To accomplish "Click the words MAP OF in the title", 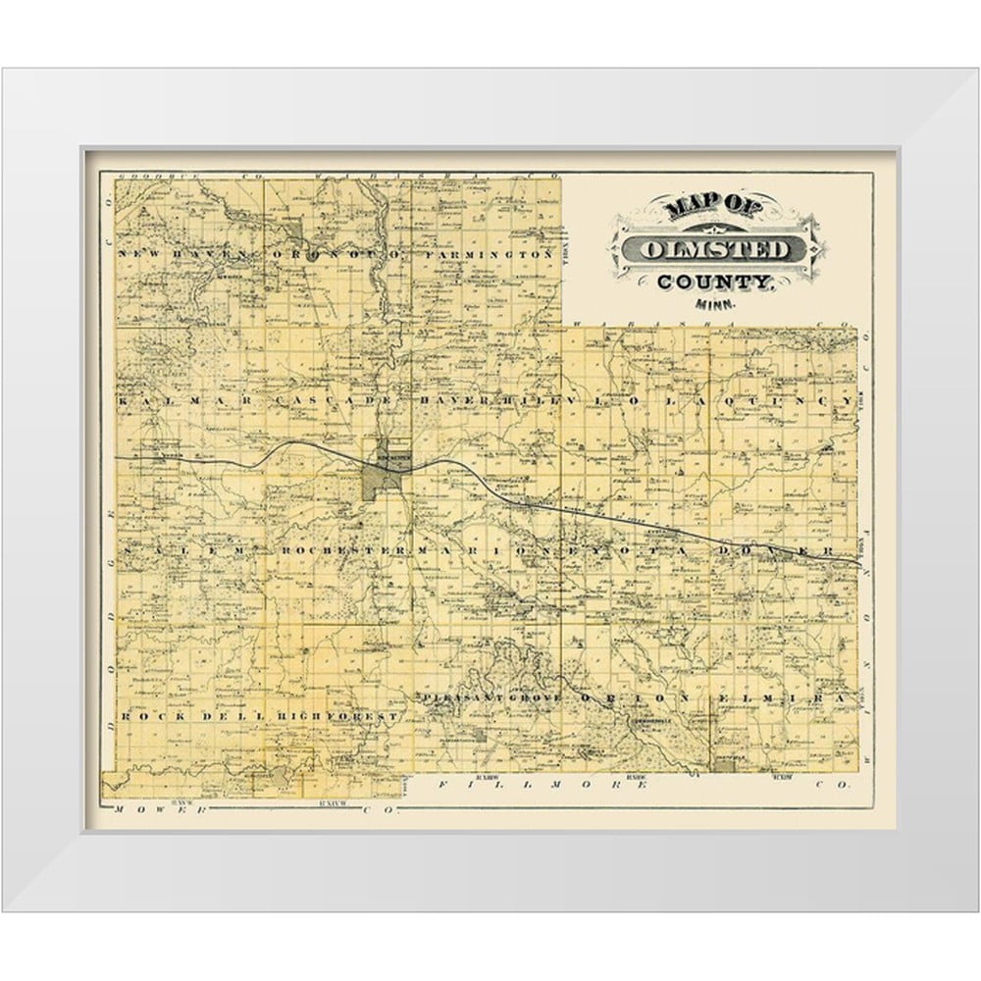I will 704,208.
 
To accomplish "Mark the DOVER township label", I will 778,551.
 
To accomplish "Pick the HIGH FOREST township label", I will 337,717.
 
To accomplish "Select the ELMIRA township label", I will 781,697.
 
